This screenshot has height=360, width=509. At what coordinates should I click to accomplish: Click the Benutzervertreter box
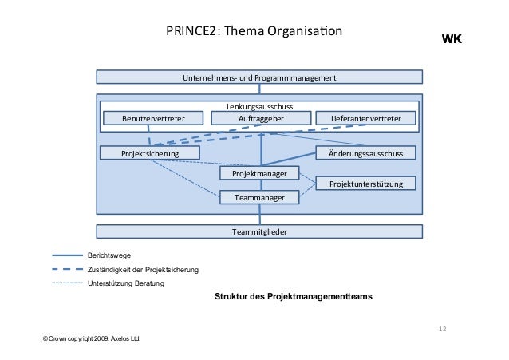point(153,119)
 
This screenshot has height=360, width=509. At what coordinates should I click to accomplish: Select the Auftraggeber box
point(260,119)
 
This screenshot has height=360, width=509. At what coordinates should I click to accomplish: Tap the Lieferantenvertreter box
point(366,119)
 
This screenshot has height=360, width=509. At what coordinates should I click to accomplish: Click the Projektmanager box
point(258,173)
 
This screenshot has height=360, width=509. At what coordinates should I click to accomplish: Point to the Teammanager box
point(258,196)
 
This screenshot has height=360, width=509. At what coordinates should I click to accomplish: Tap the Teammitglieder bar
point(259,231)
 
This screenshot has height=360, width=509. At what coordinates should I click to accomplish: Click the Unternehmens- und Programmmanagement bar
point(259,77)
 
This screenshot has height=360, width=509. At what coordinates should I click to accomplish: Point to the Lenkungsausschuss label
point(259,106)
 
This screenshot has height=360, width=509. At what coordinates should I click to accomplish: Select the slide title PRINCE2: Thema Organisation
point(253,33)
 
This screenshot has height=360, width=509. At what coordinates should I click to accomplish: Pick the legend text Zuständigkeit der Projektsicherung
point(143,270)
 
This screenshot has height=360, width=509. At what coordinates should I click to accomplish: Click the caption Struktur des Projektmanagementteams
point(293,296)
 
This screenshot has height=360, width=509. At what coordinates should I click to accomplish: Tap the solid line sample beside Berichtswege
point(67,255)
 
